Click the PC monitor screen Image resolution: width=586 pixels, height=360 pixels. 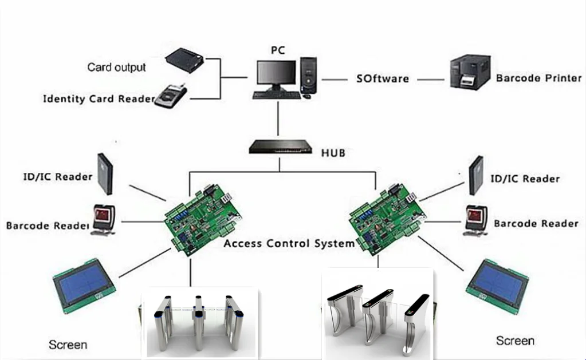pos(276,73)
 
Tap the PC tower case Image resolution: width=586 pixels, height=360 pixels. pos(309,75)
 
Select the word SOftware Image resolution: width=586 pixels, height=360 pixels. pos(382,78)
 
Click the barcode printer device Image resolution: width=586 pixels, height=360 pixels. pos(470,72)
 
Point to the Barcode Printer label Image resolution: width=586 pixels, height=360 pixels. pos(538,78)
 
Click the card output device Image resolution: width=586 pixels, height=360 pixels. pos(184,60)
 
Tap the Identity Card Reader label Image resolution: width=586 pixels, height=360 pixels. pos(99,98)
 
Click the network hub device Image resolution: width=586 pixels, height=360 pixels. pos(280,147)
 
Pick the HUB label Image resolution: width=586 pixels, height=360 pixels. pos(333,153)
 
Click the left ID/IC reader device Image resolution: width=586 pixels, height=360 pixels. pos(105,174)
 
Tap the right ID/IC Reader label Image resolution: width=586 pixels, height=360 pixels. pos(525,179)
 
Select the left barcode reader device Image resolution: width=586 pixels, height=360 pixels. pos(104,220)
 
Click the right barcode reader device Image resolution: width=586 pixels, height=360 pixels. pos(476,220)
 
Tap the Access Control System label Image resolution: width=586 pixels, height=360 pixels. pos(289,243)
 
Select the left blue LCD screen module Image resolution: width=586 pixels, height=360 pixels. pos(84,286)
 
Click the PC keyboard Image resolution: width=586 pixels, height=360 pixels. pos(277,95)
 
